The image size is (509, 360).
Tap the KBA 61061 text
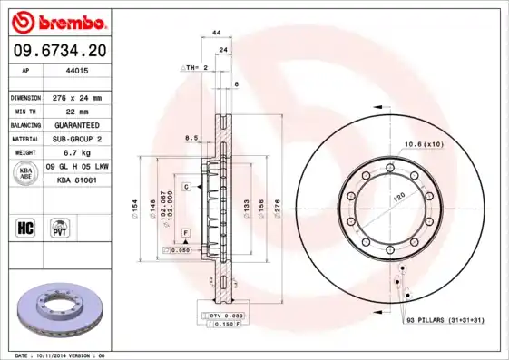[x=76, y=180]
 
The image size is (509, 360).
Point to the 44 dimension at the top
[x=217, y=33]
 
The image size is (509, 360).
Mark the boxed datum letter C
[x=185, y=186]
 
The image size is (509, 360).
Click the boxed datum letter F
[x=185, y=234]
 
